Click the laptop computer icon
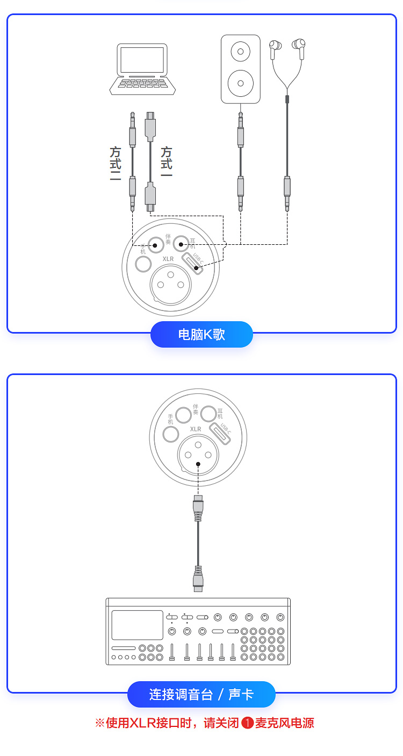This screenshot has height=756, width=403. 142,69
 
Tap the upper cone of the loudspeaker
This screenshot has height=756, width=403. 240,51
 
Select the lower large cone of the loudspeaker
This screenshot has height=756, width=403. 240,83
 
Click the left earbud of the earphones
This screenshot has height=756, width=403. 275,49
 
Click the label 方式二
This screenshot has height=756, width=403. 115,164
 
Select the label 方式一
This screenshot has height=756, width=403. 167,161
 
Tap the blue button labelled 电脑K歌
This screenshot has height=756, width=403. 201,334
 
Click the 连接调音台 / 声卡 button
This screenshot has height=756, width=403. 201,694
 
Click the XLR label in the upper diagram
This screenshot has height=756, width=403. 168,259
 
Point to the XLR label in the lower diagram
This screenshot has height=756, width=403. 196,429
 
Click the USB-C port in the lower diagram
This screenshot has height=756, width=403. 220,433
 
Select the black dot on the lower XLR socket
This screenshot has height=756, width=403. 198,464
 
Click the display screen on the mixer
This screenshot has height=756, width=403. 137,625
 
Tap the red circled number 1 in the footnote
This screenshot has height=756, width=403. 248,723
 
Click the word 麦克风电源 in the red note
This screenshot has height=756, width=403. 284,723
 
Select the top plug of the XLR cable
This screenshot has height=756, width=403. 198,508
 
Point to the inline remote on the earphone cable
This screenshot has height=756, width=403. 287,99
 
